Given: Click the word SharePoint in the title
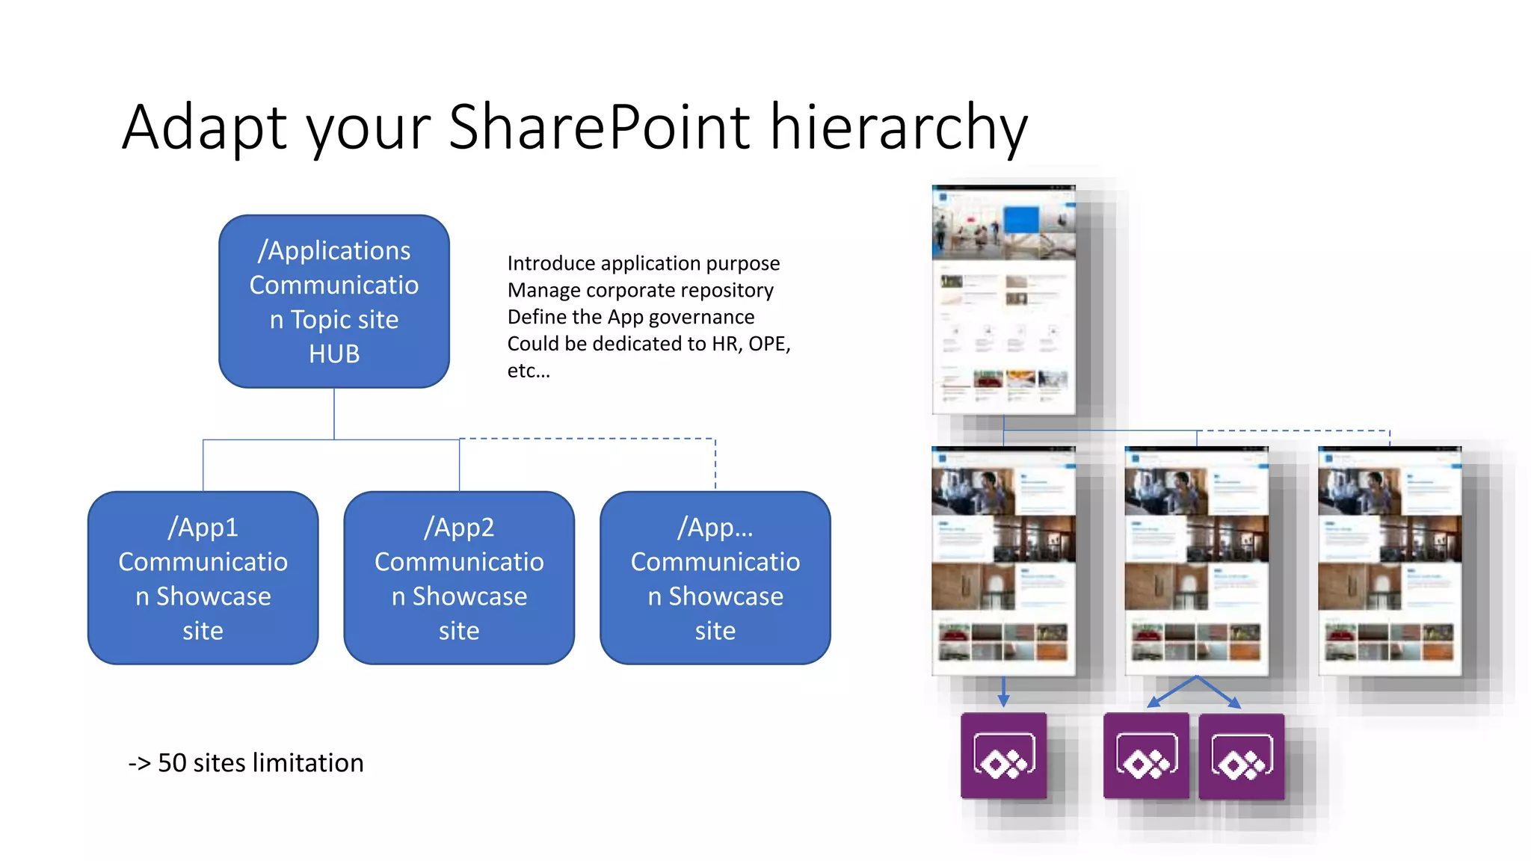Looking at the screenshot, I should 599,127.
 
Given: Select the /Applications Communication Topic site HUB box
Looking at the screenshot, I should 333,301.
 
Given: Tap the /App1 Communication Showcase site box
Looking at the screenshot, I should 203,578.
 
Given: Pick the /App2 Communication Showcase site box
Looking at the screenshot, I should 459,578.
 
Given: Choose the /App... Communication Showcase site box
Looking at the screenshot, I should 715,578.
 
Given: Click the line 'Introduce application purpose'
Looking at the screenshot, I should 643,264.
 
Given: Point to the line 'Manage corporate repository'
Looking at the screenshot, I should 640,291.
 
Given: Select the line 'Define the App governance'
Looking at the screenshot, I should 630,318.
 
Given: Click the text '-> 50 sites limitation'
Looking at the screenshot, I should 246,763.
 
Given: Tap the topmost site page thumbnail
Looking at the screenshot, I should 1003,300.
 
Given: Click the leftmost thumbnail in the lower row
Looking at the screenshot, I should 1003,561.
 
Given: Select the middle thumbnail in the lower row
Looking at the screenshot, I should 1196,561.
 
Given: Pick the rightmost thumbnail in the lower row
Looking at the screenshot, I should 1389,561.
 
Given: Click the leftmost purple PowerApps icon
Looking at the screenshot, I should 1003,756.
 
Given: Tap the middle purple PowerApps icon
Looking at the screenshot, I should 1146,756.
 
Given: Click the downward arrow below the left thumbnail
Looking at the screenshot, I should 1003,692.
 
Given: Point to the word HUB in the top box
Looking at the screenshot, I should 334,354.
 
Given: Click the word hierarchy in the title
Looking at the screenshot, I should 899,127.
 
